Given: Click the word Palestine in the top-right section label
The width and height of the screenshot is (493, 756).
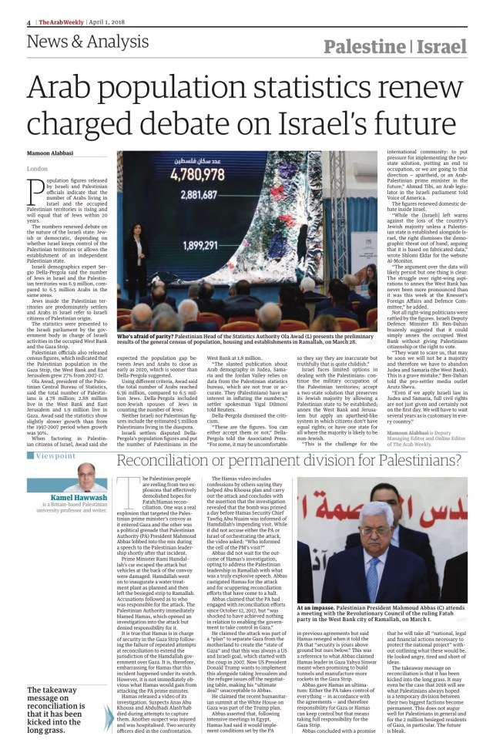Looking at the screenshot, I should [365, 47].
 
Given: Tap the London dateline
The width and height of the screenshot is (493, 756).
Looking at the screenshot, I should [37, 167].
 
